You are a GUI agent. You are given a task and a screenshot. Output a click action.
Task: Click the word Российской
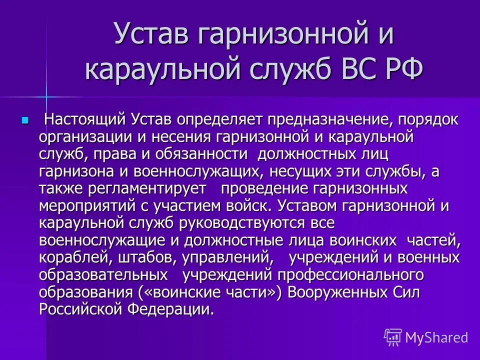(x=81, y=309)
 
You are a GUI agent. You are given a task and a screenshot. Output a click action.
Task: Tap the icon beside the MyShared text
(x=393, y=337)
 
